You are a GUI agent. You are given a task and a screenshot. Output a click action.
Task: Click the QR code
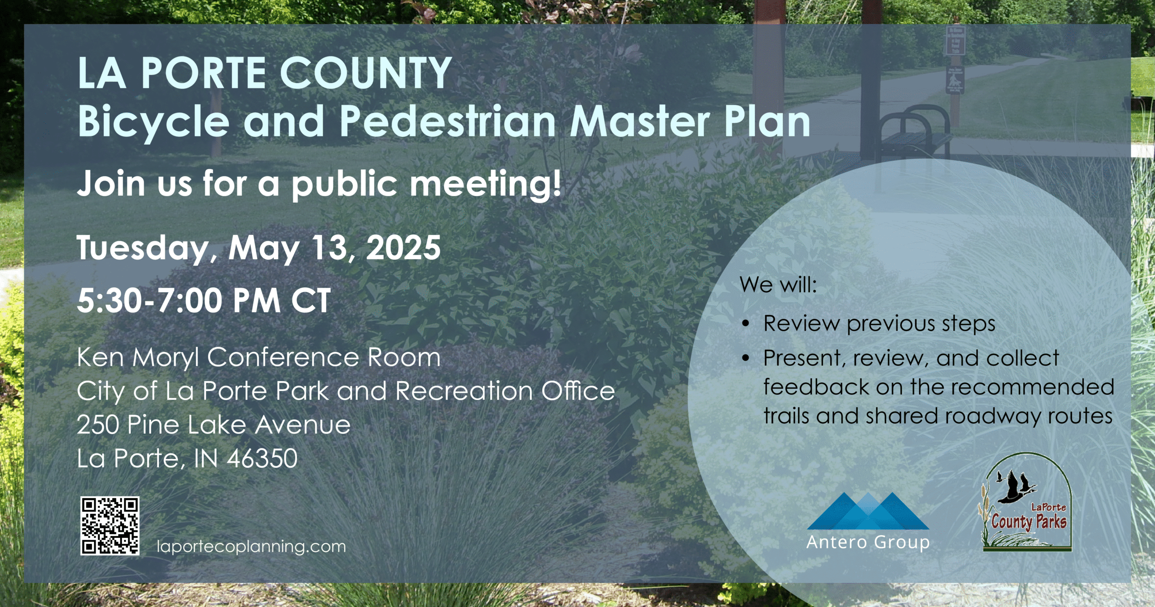[110, 526]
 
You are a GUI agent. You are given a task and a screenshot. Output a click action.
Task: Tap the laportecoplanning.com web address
[251, 546]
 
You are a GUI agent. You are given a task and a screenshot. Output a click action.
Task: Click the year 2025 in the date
[403, 247]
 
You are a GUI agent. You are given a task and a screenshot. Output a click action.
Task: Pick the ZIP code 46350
[262, 458]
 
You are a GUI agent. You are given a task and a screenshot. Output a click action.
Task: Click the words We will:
[778, 285]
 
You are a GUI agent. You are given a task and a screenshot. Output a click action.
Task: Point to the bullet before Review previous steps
[746, 324]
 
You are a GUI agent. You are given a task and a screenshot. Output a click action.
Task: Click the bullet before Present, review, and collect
[746, 358]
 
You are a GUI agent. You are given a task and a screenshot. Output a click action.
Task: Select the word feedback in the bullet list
[816, 387]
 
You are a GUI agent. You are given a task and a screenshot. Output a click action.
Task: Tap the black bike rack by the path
[914, 131]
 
